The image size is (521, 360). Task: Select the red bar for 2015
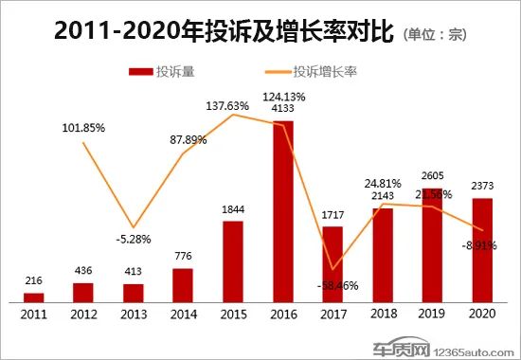[x=233, y=261]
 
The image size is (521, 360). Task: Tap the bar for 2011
[x=34, y=297]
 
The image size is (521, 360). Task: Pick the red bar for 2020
[x=481, y=250]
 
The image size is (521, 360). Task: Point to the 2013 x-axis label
[x=134, y=314]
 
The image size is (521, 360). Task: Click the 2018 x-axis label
[x=382, y=314]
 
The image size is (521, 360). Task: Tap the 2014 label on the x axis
[x=183, y=314]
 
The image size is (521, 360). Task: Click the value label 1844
[x=233, y=210]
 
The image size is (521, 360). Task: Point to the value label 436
[x=84, y=272]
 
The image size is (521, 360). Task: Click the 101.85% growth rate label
[x=83, y=127]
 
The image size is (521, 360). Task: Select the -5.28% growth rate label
[x=134, y=238]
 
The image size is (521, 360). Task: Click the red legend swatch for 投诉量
[x=139, y=71]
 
